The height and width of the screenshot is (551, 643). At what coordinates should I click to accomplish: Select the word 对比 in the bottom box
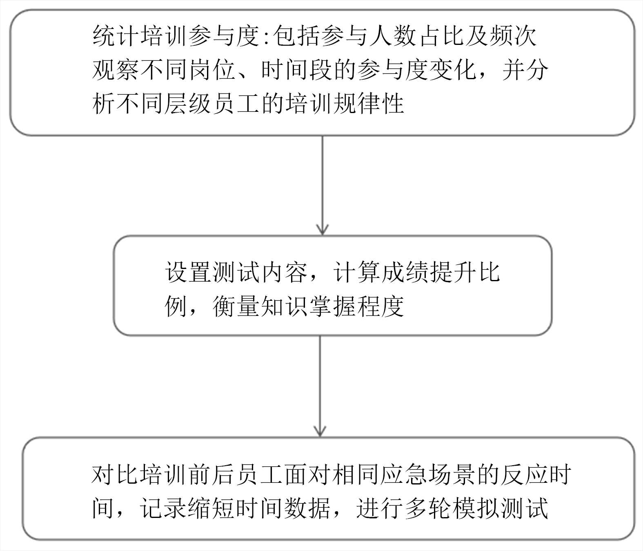[116, 474]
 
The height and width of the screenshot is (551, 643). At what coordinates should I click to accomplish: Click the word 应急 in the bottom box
[404, 474]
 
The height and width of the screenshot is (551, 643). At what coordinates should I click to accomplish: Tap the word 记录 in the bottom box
[164, 509]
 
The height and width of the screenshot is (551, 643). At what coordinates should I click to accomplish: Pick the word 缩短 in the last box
[212, 509]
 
